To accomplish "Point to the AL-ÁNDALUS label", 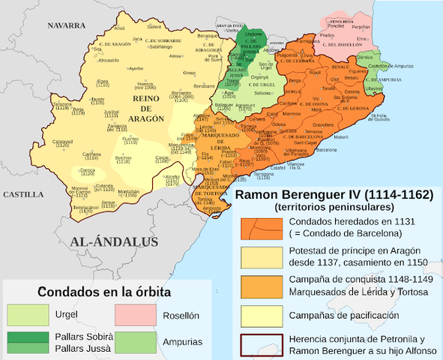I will coord(114,241).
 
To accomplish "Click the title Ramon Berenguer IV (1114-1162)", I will coord(334,194).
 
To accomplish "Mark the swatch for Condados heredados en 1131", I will coord(259,228).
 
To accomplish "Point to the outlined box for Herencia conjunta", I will coord(259,344).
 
